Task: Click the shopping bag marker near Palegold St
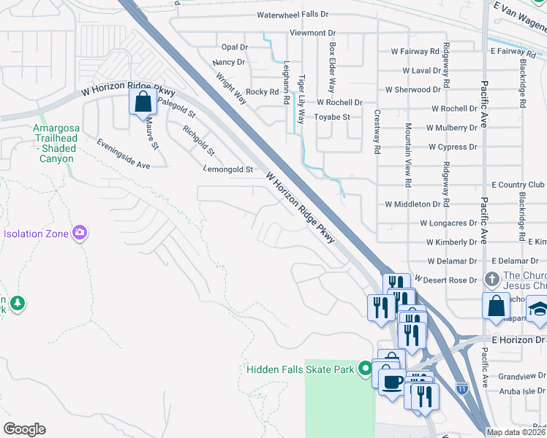pos(143,101)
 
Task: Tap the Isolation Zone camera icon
pos(80,234)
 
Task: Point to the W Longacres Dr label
pos(448,223)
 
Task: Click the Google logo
pos(24,429)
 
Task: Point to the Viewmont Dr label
pos(312,33)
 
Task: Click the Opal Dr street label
pos(235,47)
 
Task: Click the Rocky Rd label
pos(262,92)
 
